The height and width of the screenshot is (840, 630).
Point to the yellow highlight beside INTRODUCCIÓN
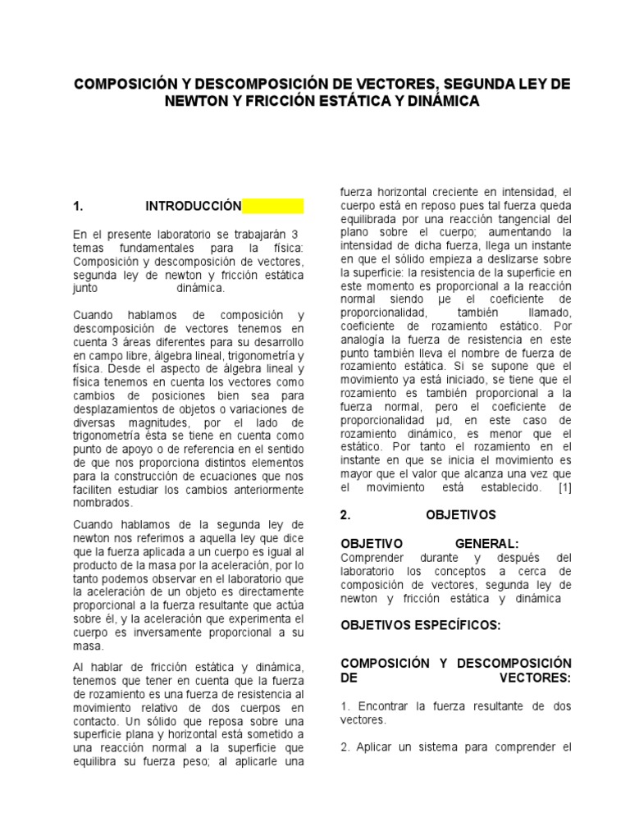273,206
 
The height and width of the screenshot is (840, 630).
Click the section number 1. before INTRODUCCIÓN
79,206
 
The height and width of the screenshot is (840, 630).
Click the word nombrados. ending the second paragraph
102,503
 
